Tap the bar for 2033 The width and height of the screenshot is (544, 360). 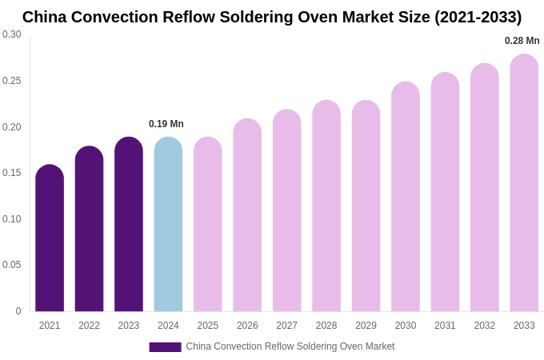click(524, 183)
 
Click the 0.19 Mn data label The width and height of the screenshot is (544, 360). click(166, 124)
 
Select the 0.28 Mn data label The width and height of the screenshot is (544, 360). click(522, 41)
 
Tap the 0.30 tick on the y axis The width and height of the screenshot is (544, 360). click(12, 34)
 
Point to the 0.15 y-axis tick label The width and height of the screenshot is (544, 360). click(12, 173)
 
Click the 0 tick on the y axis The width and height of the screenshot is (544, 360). click(18, 311)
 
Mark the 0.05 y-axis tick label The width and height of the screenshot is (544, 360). click(12, 265)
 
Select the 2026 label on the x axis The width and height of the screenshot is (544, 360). click(247, 326)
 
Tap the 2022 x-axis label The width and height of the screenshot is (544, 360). click(89, 326)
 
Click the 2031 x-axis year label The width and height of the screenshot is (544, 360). click(445, 326)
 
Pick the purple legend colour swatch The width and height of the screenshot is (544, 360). click(165, 347)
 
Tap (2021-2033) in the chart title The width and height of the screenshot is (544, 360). click(478, 17)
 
